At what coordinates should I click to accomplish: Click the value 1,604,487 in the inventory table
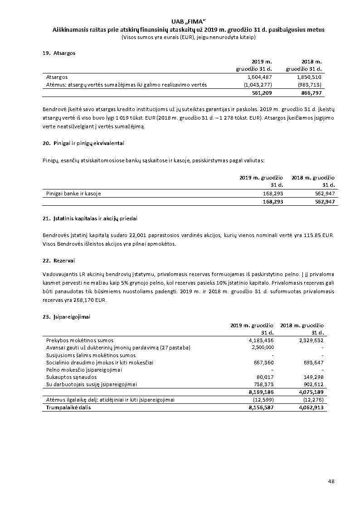tap(260, 77)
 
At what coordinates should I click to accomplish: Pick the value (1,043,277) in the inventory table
tap(258, 84)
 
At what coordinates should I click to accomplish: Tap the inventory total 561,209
tap(262, 92)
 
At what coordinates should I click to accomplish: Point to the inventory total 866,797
tap(311, 92)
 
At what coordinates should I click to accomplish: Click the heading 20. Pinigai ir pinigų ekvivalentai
tap(83, 143)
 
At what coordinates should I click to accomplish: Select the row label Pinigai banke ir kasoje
tap(73, 194)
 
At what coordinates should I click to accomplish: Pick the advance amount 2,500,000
tap(263, 347)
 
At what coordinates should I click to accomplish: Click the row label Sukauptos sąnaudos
tap(71, 377)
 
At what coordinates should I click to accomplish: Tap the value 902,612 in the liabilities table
tap(313, 384)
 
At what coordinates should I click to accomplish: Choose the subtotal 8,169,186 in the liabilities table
tap(261, 392)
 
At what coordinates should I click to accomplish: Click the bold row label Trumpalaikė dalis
tap(68, 407)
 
